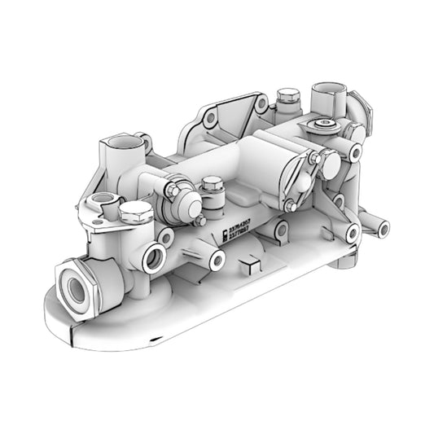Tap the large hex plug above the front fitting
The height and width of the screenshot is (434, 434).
[x=135, y=213]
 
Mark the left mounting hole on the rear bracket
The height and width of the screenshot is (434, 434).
[x=210, y=119]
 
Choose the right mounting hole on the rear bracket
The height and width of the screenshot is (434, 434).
[x=261, y=105]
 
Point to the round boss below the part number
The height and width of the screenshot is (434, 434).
[x=217, y=261]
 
